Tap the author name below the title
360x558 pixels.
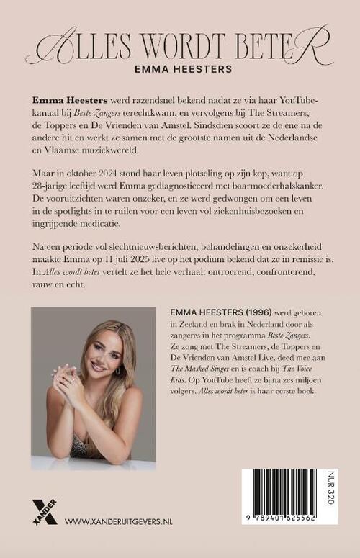[x=180, y=71]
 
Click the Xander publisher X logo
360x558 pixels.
[x=44, y=510]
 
